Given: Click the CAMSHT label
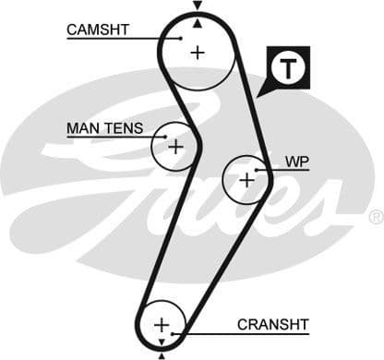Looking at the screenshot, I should click(97, 30).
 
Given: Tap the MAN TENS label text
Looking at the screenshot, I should click(104, 128).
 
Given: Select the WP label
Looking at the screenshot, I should click(296, 162).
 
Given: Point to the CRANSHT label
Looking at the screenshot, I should click(273, 323).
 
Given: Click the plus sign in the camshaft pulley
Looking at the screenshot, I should click(198, 53).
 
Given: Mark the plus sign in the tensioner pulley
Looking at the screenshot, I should click(175, 146).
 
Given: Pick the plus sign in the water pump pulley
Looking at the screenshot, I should click(246, 179).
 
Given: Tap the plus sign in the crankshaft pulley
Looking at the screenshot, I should click(162, 325).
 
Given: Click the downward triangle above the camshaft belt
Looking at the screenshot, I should click(197, 6).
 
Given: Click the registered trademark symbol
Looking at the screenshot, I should click(376, 217).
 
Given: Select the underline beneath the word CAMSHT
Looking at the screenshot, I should click(111, 39).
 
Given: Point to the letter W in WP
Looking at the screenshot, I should click(291, 162).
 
